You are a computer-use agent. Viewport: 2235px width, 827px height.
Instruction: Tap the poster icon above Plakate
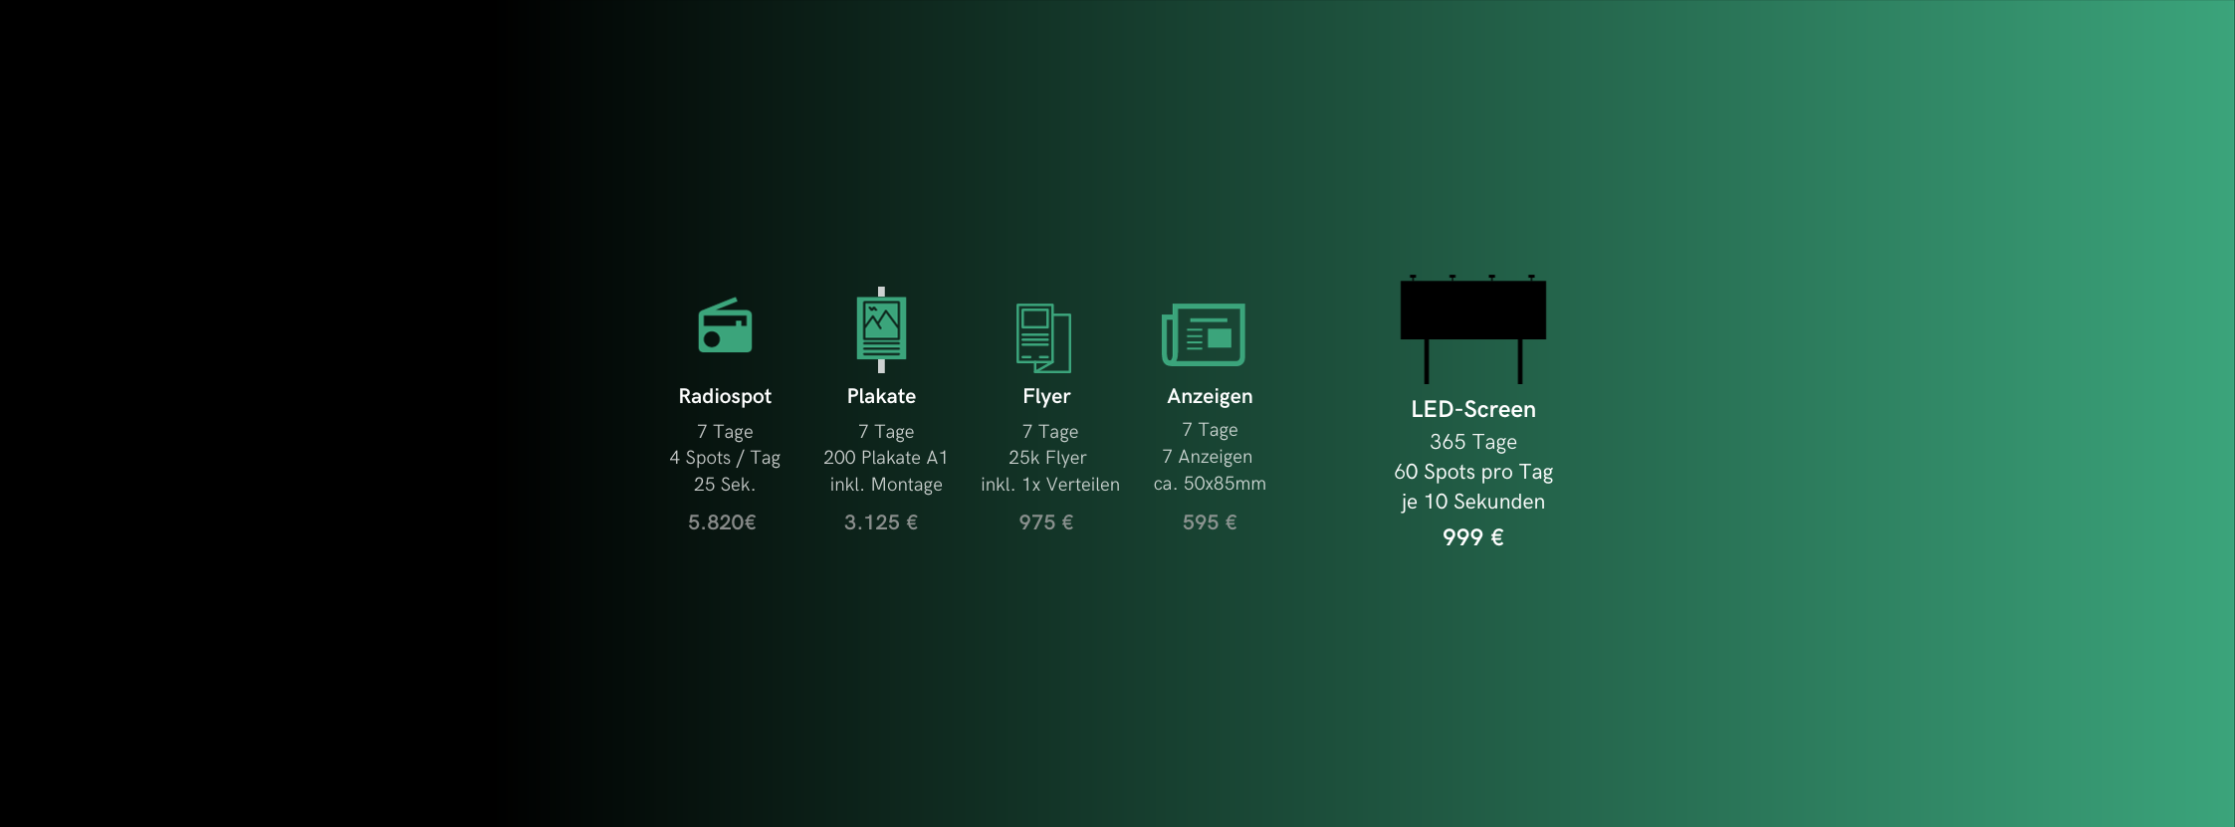[x=881, y=329]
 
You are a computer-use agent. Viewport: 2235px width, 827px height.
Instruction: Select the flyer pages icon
[x=1042, y=337]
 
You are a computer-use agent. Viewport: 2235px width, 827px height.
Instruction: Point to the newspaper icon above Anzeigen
[x=1204, y=334]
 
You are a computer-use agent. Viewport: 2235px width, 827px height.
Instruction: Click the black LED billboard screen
[x=1472, y=310]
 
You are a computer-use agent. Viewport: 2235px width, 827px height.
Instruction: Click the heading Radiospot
[x=725, y=396]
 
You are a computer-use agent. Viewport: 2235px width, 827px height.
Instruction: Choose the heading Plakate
[x=881, y=396]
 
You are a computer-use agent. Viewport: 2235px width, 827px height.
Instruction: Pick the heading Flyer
[x=1046, y=396]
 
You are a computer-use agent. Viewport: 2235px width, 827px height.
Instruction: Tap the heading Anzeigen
[x=1210, y=396]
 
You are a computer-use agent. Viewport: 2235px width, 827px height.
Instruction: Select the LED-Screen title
[x=1472, y=409]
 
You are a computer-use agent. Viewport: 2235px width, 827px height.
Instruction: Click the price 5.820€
[x=722, y=522]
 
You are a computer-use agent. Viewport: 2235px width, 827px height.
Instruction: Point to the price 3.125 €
[x=881, y=522]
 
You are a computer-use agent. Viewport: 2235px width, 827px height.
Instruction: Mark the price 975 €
[x=1045, y=522]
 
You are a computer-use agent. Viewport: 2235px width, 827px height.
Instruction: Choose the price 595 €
[x=1210, y=522]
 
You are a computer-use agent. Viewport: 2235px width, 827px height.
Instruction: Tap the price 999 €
[x=1472, y=537]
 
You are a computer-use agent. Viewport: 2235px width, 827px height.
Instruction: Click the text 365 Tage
[x=1472, y=442]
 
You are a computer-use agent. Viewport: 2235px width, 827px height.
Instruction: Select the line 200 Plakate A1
[x=885, y=458]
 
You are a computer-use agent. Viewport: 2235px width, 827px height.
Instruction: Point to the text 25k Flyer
[x=1047, y=458]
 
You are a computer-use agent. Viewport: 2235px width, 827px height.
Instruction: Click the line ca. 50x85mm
[x=1210, y=484]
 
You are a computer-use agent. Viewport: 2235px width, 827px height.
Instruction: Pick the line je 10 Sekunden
[x=1472, y=502]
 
